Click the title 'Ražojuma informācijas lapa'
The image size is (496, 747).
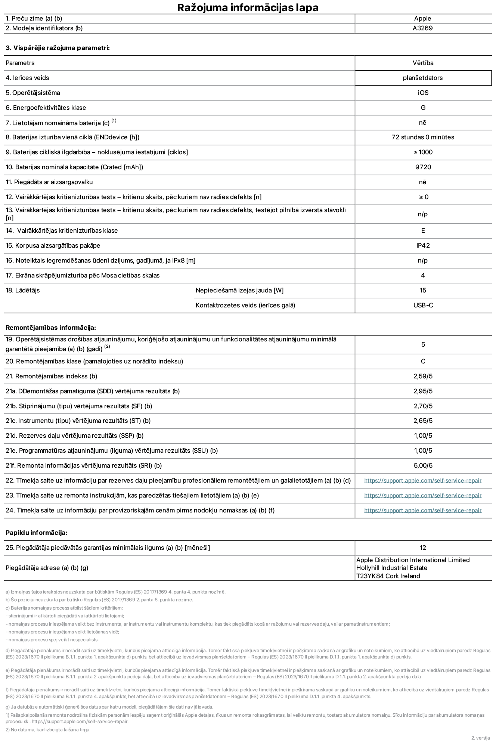[x=248, y=7]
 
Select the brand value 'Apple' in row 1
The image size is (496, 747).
[x=422, y=18]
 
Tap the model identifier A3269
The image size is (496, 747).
[x=422, y=28]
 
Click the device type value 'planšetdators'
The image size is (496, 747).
[x=422, y=78]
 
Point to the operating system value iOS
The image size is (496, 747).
[x=423, y=93]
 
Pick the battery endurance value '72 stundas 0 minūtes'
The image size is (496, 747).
[x=423, y=137]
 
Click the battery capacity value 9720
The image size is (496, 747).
[x=423, y=167]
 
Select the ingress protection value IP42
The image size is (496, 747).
[x=423, y=245]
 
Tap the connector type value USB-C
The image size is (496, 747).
[x=423, y=305]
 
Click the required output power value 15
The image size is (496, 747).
[x=423, y=290]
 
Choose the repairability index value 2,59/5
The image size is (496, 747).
[x=423, y=376]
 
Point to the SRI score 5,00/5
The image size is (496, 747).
[x=423, y=465]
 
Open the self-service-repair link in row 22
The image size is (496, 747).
[x=423, y=481]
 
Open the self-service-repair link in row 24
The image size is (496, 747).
[x=423, y=511]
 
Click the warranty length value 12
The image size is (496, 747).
[x=423, y=548]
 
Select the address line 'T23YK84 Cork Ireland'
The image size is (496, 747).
[x=388, y=576]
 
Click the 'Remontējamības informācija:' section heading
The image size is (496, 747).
[x=51, y=328]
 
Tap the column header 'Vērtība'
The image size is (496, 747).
[x=423, y=63]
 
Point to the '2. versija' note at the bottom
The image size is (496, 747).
[x=480, y=738]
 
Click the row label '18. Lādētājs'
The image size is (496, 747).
[x=23, y=290]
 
